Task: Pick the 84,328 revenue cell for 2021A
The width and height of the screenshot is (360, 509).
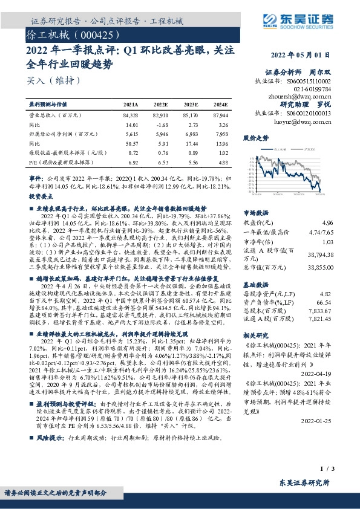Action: [x=130, y=114]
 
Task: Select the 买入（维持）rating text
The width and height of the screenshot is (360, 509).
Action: [x=50, y=79]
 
